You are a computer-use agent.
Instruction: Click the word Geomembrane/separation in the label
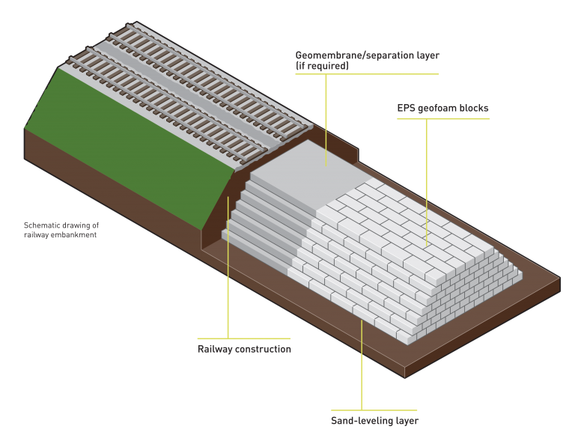pyautogui.click(x=355, y=55)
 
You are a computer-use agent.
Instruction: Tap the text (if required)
pyautogui.click(x=322, y=66)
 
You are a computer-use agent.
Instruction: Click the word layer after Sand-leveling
pyautogui.click(x=407, y=421)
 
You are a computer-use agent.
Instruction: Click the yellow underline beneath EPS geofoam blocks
pyautogui.click(x=443, y=118)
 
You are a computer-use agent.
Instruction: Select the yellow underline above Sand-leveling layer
pyautogui.click(x=374, y=410)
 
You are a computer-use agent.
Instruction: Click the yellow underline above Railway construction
pyautogui.click(x=244, y=338)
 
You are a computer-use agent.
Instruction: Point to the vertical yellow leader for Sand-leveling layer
pyautogui.click(x=362, y=365)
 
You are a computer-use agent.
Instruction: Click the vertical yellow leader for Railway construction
pyautogui.click(x=228, y=267)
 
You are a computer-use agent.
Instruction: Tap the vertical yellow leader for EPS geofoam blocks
pyautogui.click(x=427, y=182)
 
